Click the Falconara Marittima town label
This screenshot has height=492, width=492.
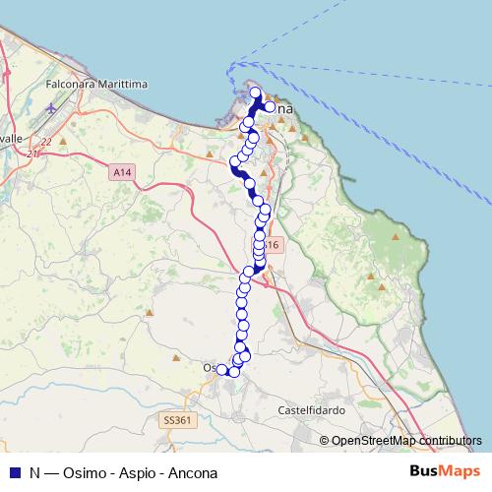96,85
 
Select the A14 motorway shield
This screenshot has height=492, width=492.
121,172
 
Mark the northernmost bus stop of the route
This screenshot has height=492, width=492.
256,93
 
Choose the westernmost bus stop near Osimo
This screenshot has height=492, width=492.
221,370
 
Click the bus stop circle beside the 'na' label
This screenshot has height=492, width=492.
269,107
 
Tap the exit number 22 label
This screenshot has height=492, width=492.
45,141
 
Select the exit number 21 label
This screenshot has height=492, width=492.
32,154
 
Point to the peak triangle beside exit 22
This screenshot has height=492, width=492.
63,140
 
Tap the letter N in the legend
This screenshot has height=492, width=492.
34,472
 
